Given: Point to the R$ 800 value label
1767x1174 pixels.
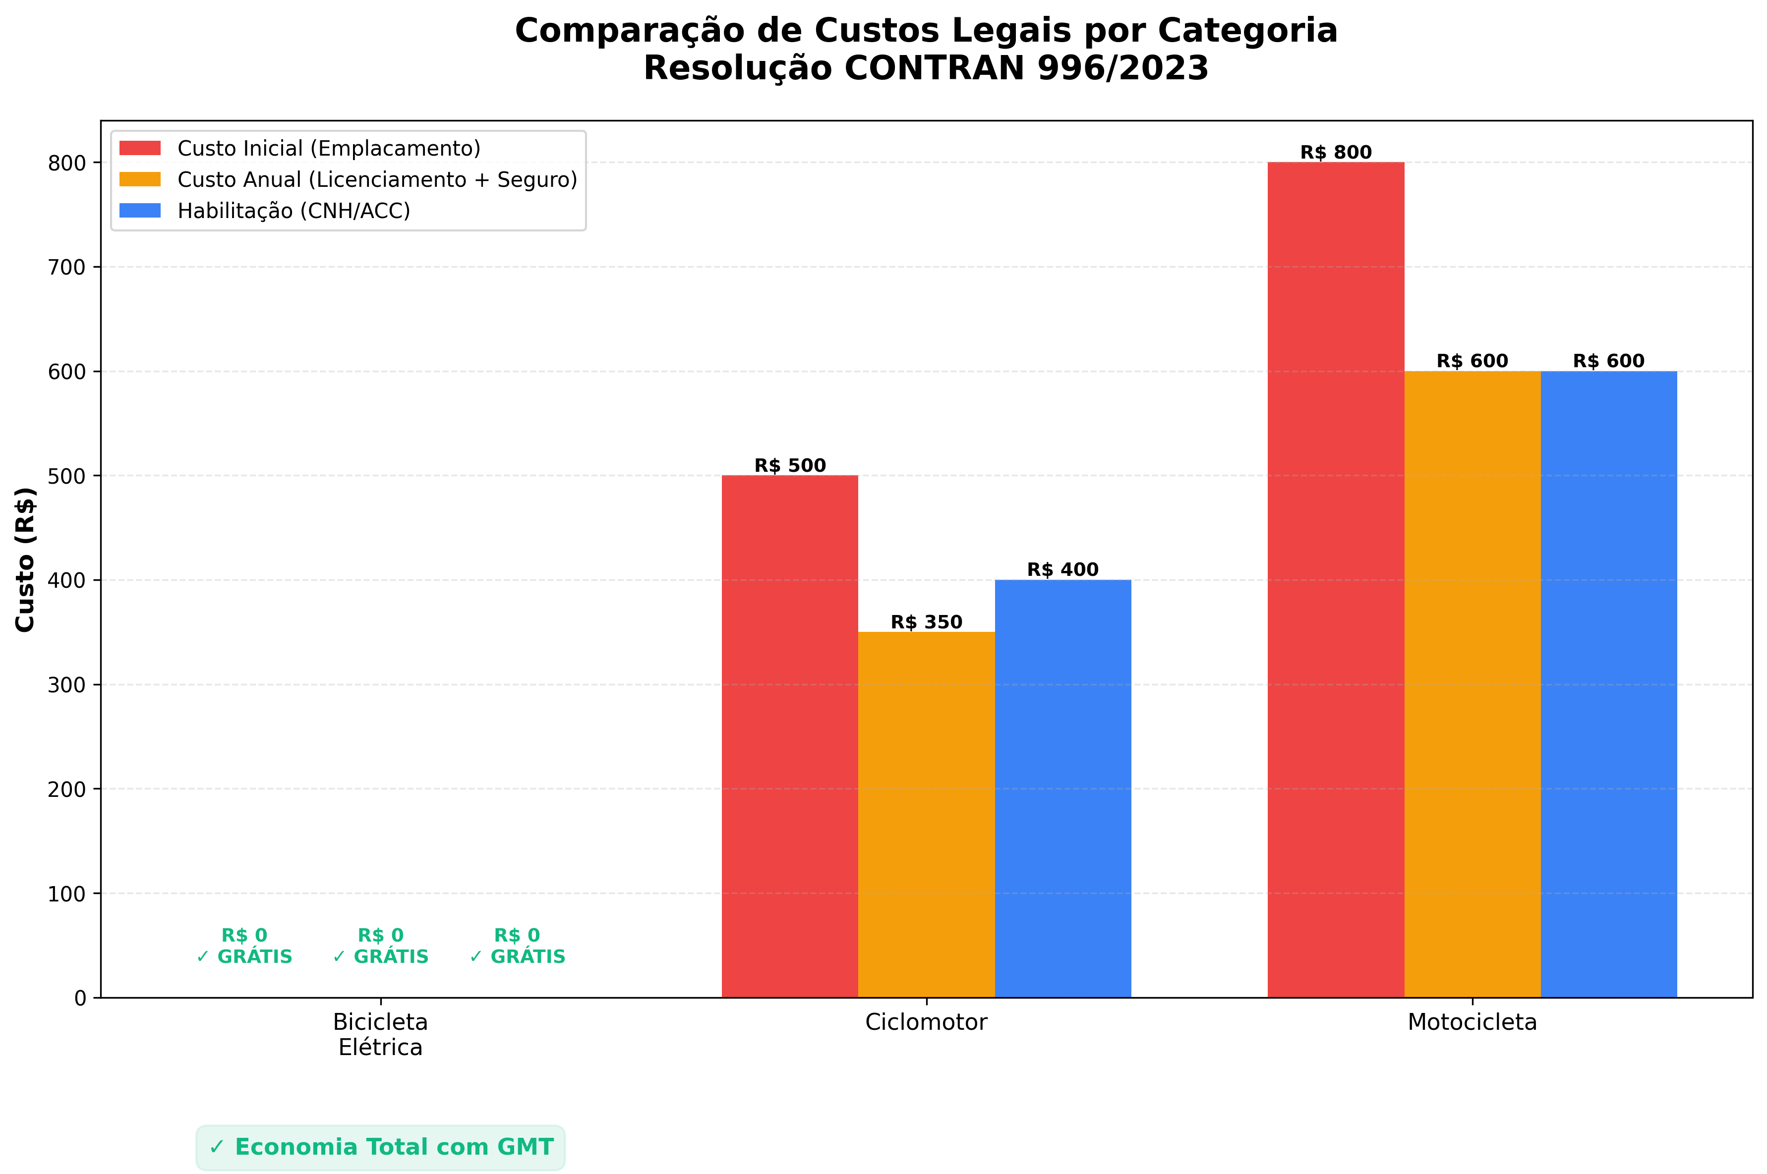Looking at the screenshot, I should pos(1336,153).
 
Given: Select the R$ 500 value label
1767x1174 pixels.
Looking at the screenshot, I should pos(789,466).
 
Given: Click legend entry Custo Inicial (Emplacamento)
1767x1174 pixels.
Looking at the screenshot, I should pos(328,148).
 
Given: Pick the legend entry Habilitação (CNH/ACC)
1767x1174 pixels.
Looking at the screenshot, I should pos(294,211).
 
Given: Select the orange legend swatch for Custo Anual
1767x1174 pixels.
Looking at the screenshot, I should pos(140,180).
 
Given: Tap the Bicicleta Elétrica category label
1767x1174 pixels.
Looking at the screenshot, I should pos(380,1034).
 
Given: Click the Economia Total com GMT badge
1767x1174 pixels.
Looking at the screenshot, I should pos(380,1147).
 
